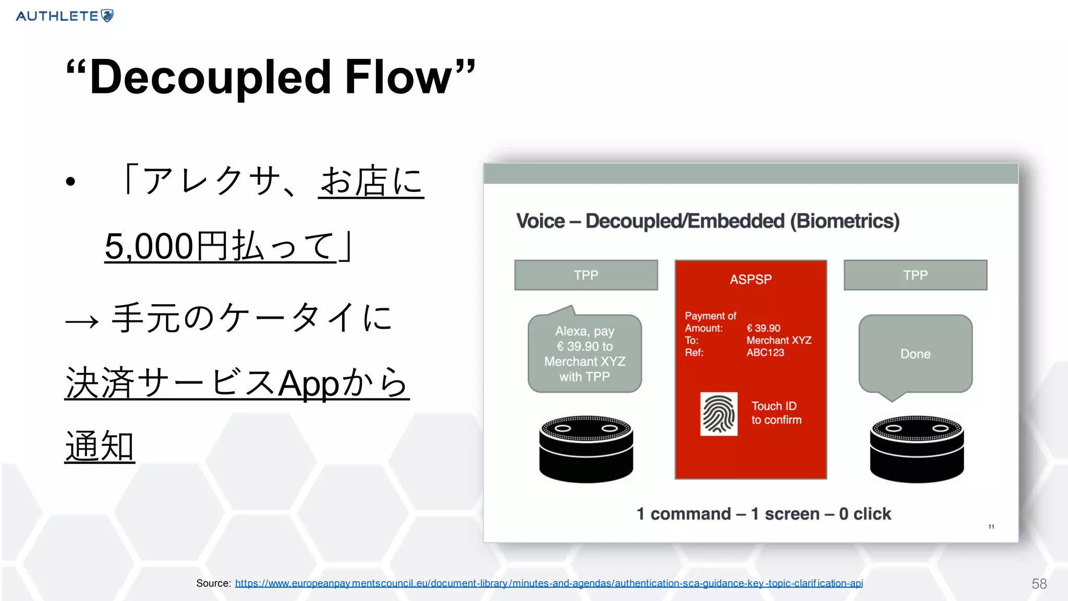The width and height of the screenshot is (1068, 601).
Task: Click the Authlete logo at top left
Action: (65, 16)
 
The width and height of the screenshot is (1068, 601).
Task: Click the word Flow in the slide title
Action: (399, 77)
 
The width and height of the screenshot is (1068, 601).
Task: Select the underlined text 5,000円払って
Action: (220, 246)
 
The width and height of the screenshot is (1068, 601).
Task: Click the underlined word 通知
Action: (100, 447)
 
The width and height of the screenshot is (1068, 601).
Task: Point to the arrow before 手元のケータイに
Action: (82, 321)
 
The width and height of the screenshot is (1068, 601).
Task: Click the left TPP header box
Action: (586, 275)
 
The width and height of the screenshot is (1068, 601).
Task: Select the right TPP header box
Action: (915, 275)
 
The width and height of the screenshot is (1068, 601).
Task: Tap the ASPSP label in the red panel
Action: (750, 280)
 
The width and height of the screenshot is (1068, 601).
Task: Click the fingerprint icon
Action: (719, 414)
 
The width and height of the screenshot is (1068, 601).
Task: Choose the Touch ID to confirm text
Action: (776, 413)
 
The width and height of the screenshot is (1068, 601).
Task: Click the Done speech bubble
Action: (915, 354)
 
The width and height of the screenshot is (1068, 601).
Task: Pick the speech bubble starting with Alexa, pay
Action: (585, 354)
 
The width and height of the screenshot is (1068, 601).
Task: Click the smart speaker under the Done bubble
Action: (917, 449)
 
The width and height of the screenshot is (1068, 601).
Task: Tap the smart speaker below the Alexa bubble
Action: (586, 449)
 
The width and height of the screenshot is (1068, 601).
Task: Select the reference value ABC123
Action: (765, 353)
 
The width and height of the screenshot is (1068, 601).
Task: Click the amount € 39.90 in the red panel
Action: (763, 328)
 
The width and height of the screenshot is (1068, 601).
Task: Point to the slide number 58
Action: (1039, 584)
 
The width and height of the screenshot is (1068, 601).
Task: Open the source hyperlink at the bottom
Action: (549, 583)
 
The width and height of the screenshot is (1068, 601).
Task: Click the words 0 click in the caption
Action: (865, 514)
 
